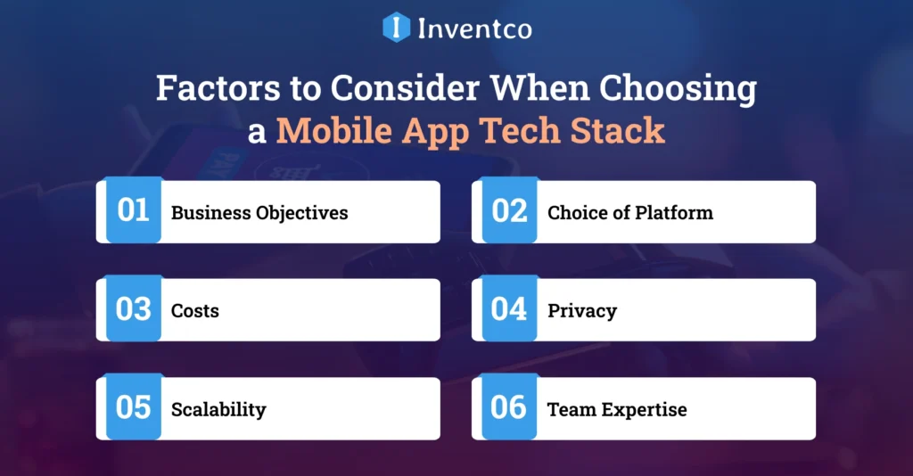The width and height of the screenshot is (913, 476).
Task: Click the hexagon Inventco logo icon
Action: pyautogui.click(x=396, y=27)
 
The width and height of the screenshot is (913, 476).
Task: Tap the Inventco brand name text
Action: pyautogui.click(x=474, y=29)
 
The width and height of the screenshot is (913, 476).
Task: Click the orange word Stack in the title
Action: pyautogui.click(x=618, y=130)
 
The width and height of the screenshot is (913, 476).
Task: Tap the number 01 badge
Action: pyautogui.click(x=134, y=211)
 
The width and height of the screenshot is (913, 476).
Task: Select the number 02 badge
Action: pyautogui.click(x=509, y=211)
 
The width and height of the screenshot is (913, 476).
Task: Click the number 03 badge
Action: pyautogui.click(x=134, y=309)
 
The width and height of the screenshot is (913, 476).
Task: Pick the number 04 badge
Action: pyautogui.click(x=509, y=309)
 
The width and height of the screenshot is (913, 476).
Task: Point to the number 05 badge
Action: pyautogui.click(x=134, y=407)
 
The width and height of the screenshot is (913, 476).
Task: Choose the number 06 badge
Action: pyautogui.click(x=509, y=407)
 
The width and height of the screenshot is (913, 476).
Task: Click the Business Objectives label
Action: pyautogui.click(x=259, y=213)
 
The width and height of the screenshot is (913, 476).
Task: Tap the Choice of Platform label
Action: pyautogui.click(x=629, y=213)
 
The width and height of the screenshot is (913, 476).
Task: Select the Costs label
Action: pyautogui.click(x=194, y=311)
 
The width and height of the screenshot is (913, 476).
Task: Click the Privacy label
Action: pyautogui.click(x=581, y=311)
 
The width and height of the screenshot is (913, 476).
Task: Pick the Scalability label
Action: pyautogui.click(x=218, y=409)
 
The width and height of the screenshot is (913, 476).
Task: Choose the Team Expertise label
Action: pyautogui.click(x=617, y=409)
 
